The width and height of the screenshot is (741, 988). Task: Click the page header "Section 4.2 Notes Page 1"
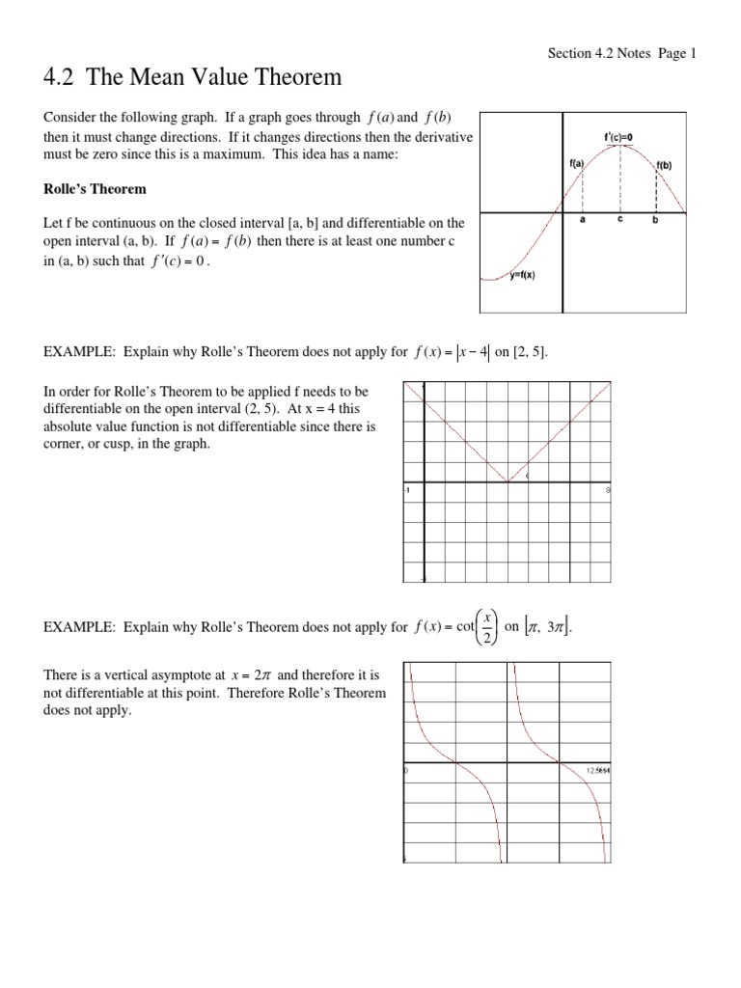pos(620,53)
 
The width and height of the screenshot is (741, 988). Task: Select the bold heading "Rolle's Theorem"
pos(95,188)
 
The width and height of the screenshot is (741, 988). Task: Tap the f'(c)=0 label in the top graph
pos(618,137)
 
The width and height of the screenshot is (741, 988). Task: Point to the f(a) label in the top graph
pos(577,165)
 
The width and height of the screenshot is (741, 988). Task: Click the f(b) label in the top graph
pos(664,165)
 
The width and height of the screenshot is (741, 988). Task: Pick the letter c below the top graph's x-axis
pos(619,220)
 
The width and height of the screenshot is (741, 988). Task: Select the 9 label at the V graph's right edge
pos(607,490)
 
